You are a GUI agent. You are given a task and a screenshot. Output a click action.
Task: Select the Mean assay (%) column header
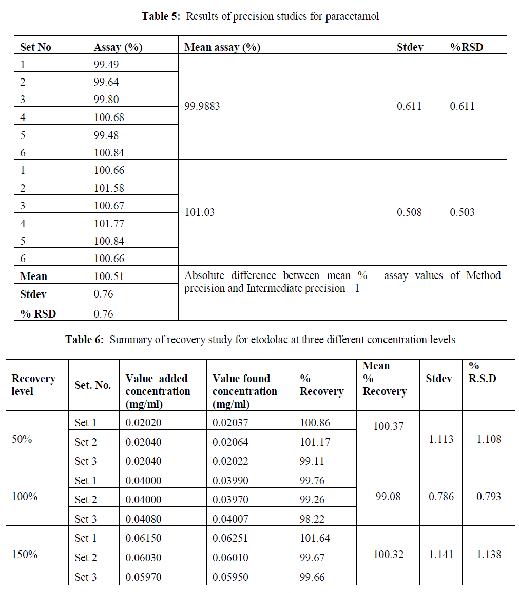[x=222, y=47]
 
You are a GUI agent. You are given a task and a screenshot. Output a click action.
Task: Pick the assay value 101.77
[x=109, y=224]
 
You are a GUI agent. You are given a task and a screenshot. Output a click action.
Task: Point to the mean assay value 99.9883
[x=202, y=107]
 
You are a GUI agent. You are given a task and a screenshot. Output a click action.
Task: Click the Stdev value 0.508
[x=409, y=212]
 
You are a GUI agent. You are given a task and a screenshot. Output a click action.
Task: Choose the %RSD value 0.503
[x=462, y=212]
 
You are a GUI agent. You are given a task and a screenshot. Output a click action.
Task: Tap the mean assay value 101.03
[x=199, y=212]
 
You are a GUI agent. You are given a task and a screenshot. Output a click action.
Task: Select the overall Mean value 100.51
[x=109, y=276]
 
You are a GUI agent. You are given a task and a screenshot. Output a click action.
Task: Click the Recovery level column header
[x=33, y=385]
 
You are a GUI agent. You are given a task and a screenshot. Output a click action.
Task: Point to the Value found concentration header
[x=244, y=391]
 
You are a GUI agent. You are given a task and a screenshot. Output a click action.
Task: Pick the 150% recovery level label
[x=25, y=555]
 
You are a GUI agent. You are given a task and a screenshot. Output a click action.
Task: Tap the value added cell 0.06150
[x=143, y=539]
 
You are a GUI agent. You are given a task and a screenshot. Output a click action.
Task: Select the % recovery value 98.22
[x=312, y=519]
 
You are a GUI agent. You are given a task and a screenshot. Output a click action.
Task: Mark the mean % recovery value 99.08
[x=388, y=497]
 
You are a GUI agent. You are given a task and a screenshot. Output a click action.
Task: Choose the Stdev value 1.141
[x=441, y=555]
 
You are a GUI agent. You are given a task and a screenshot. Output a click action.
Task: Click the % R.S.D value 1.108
[x=489, y=439]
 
